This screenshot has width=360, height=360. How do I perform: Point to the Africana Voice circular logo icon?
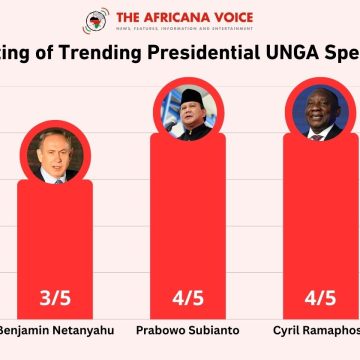pyautogui.click(x=97, y=21)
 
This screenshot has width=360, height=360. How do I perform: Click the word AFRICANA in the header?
pyautogui.click(x=180, y=17)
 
